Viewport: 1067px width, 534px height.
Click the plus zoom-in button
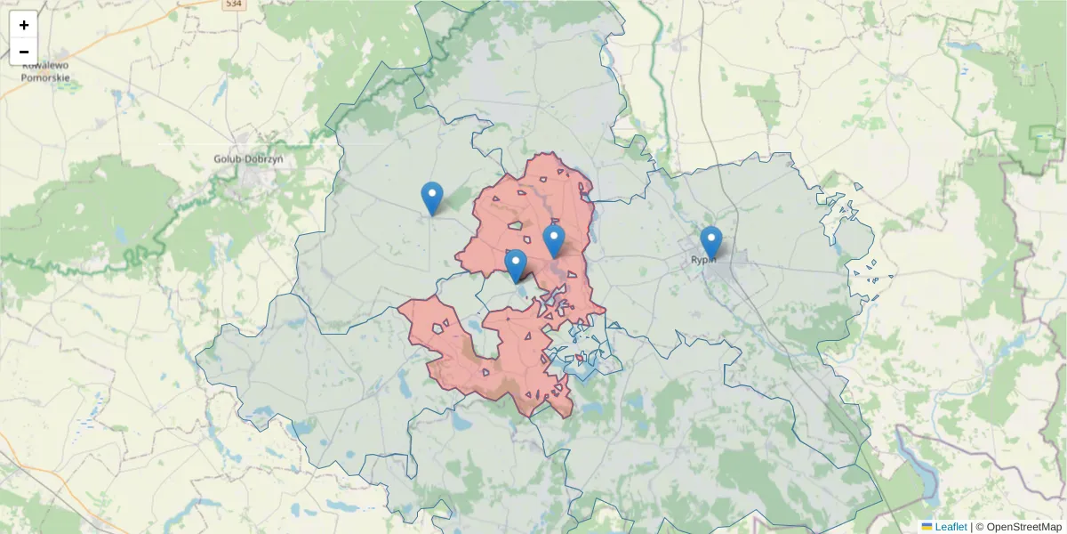(x=24, y=25)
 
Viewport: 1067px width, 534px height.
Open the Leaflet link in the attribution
(x=951, y=527)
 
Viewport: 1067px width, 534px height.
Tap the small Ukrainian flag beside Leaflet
(x=927, y=527)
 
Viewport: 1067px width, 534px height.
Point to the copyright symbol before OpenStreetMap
(x=980, y=527)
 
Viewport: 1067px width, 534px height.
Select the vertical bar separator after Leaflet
(x=971, y=527)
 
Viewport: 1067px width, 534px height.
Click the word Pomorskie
(x=45, y=77)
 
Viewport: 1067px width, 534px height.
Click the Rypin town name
(x=703, y=260)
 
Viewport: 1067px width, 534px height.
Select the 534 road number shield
(x=233, y=4)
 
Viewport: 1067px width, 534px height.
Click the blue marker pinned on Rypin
(x=710, y=241)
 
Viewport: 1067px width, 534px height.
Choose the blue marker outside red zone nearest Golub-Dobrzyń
(x=431, y=197)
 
